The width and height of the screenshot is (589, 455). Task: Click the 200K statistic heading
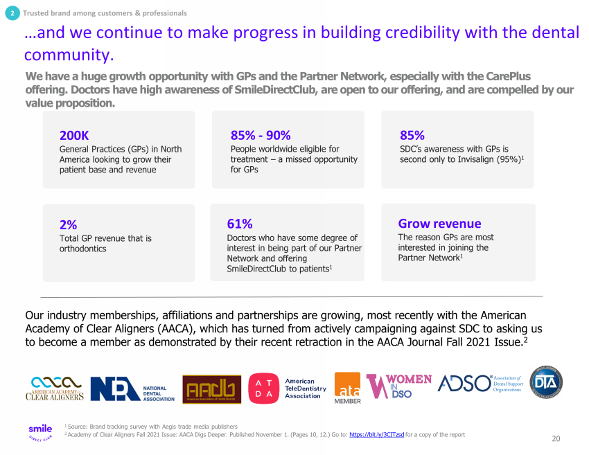point(74,135)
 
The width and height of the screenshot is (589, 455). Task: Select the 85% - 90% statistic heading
point(261,135)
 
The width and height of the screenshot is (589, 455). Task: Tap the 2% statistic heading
point(68,224)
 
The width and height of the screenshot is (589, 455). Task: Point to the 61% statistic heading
point(240,224)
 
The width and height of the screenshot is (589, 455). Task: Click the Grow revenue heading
point(439,224)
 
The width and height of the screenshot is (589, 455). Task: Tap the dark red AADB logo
point(211,389)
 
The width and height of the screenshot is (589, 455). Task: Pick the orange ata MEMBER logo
point(347,388)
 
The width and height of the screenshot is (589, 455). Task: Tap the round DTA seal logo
point(546,383)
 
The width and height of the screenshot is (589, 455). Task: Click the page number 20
point(556,438)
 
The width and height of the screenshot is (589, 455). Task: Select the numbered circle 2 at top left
point(12,13)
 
